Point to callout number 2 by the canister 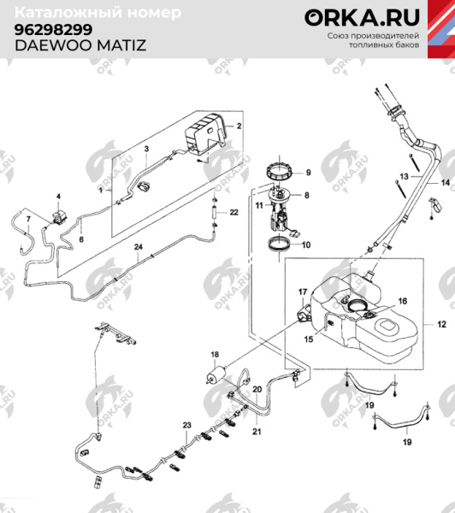239,126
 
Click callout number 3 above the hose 146,150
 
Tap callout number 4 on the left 59,196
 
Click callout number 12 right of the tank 441,325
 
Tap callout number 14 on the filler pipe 445,184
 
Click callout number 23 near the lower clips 186,425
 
